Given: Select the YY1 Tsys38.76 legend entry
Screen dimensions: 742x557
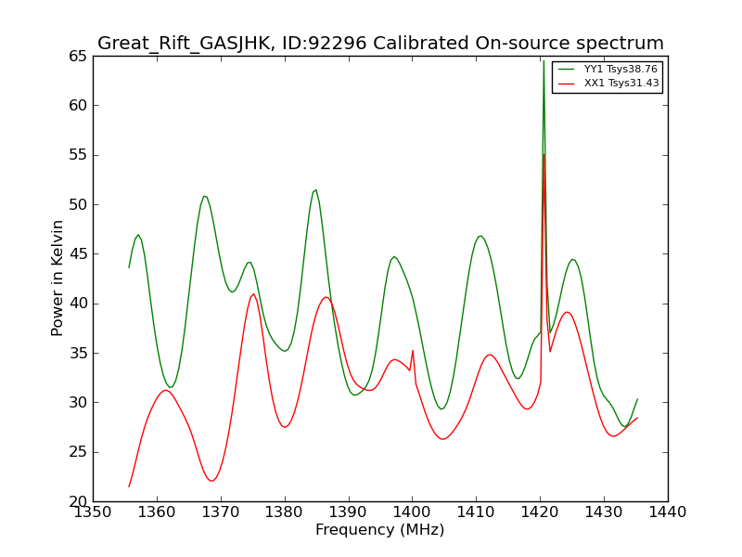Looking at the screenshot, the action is pos(608,69).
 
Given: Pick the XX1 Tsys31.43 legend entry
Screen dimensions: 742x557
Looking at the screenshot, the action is pos(608,84).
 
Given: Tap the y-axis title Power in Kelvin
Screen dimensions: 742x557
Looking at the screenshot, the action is pos(57,278).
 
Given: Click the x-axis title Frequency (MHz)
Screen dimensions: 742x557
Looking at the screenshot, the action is pos(380,529).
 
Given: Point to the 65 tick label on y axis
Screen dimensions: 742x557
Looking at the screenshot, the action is pos(78,57).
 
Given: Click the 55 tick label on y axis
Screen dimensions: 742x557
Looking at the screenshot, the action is pos(78,155).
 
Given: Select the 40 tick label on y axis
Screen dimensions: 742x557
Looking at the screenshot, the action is pos(78,304).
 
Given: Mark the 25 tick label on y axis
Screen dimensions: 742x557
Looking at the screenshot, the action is pos(78,452).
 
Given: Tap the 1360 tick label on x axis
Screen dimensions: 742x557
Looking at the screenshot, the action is pos(157,512).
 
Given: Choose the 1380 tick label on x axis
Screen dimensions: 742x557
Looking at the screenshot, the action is pos(285,512).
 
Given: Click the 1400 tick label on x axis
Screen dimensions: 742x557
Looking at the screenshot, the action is pos(412,512).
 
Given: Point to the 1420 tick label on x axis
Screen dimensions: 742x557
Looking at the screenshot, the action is pos(540,512).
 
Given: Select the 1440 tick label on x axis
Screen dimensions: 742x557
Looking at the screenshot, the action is pos(667,512).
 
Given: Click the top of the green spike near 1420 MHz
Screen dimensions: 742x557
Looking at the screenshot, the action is pos(544,60).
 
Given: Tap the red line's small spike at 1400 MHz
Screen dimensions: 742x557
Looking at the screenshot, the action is pos(413,351).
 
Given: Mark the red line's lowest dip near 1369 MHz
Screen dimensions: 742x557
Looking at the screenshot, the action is pos(212,481).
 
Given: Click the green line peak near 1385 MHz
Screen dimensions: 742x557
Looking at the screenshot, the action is pos(315,190).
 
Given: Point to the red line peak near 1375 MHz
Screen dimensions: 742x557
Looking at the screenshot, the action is pos(254,294).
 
